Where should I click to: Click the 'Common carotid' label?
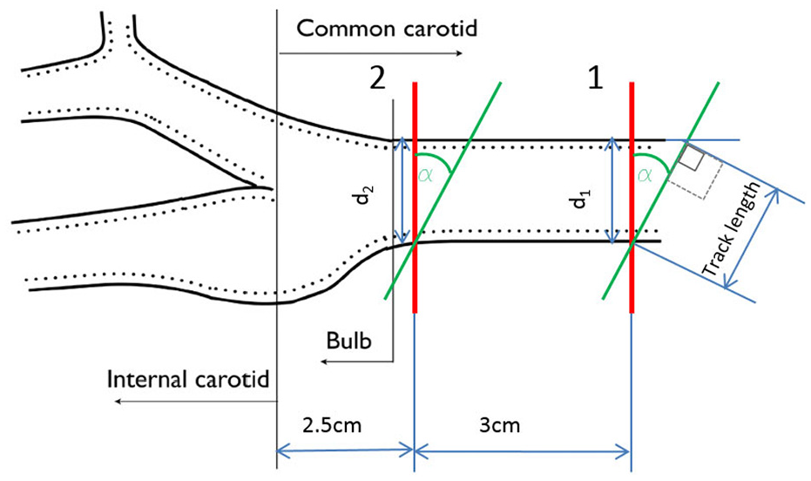tap(387, 29)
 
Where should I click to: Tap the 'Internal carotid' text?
tap(188, 380)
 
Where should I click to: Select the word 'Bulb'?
tap(348, 341)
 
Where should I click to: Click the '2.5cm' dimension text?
tap(332, 425)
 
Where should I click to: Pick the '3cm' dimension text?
tap(499, 425)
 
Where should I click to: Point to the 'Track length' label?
tap(733, 229)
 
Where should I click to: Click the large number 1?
tap(596, 79)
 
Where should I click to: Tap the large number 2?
tap(377, 79)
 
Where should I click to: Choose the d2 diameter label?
tap(365, 195)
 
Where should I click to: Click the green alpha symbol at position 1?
tap(645, 176)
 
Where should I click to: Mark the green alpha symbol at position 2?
tap(426, 176)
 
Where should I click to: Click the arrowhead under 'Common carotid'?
tap(459, 53)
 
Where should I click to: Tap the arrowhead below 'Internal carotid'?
tap(118, 402)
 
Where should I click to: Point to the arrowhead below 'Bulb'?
tap(324, 362)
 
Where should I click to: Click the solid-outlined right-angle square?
tap(691, 158)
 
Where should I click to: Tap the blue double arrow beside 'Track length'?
tap(752, 239)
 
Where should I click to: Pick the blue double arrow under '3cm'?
tap(523, 452)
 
